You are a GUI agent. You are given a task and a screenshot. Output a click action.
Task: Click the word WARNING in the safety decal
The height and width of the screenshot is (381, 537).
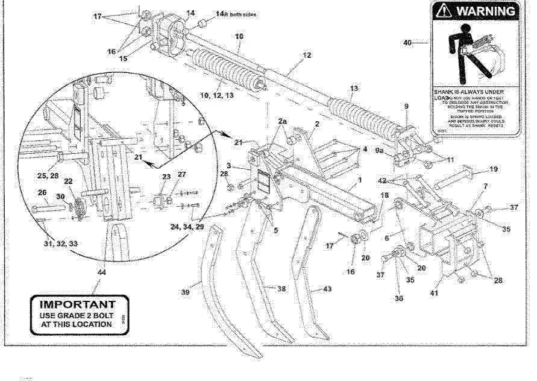[486, 11]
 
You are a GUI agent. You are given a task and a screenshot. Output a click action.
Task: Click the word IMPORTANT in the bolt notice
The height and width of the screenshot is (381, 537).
[77, 304]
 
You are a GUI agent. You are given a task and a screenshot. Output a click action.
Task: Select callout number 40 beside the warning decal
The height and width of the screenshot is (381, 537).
[407, 43]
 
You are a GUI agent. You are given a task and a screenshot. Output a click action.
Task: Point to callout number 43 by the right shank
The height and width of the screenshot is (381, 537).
[327, 290]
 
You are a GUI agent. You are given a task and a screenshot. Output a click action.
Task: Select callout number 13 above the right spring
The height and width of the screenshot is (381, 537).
[354, 88]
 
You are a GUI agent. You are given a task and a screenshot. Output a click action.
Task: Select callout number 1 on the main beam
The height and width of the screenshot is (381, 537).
[360, 180]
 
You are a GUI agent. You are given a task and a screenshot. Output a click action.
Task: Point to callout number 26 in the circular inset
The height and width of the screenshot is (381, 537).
[42, 193]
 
